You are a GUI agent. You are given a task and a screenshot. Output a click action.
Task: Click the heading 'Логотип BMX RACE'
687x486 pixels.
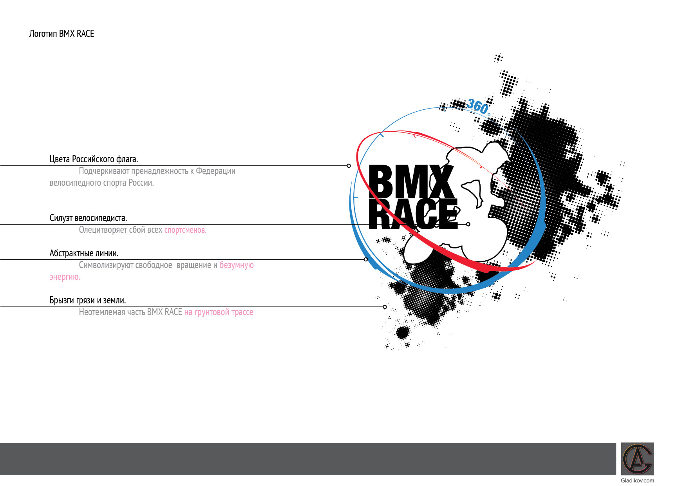(61, 34)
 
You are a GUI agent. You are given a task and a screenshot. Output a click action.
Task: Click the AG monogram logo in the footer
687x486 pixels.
(637, 459)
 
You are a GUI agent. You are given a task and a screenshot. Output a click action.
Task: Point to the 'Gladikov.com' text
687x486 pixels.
(637, 481)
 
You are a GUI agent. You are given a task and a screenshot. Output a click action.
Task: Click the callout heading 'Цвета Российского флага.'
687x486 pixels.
(94, 159)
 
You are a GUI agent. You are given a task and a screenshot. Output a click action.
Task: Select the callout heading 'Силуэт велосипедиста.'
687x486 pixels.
(88, 218)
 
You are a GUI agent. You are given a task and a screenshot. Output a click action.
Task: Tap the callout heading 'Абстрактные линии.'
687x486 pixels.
(84, 253)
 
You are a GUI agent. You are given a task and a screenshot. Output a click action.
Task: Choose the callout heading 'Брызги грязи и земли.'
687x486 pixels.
(87, 301)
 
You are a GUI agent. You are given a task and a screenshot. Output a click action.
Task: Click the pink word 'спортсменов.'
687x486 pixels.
(185, 230)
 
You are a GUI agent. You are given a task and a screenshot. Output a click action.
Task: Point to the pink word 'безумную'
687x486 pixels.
(237, 265)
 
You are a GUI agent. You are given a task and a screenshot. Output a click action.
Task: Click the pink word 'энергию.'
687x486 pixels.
(65, 277)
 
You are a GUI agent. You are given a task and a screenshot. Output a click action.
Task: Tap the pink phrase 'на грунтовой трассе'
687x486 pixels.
(219, 312)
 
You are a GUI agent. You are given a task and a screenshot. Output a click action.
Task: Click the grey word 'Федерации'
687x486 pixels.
(215, 171)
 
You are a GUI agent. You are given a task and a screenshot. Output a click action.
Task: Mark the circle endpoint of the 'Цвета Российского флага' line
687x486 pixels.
(349, 166)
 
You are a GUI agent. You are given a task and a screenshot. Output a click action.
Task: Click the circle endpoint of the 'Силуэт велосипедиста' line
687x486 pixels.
(468, 224)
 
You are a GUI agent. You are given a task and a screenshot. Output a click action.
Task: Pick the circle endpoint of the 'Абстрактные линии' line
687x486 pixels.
(366, 259)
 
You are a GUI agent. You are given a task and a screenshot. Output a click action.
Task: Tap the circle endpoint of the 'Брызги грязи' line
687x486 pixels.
(385, 307)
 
